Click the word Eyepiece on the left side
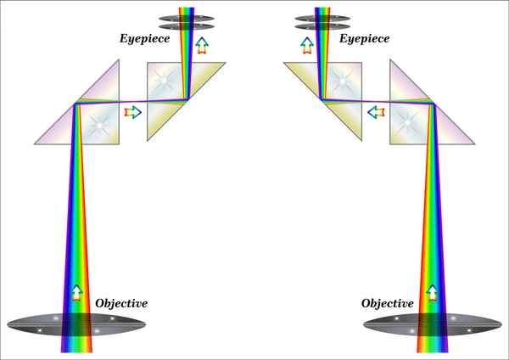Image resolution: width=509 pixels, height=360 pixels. click(145, 39)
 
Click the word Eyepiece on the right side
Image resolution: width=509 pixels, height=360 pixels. click(364, 39)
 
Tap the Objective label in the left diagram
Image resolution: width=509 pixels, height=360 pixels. click(121, 303)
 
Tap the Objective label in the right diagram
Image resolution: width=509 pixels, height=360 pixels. click(388, 303)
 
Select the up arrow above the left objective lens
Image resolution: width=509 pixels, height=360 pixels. click(76, 293)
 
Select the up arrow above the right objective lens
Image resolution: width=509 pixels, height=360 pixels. click(432, 293)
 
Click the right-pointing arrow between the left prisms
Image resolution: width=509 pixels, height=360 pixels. click(133, 112)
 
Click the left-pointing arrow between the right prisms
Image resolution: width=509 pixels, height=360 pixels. click(376, 112)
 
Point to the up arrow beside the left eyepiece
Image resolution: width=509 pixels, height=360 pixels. click(202, 46)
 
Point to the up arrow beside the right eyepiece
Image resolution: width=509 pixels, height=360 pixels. click(307, 46)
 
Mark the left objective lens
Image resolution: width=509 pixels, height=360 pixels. click(76, 324)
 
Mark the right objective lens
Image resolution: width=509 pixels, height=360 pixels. click(433, 324)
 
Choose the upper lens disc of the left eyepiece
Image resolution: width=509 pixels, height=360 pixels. click(187, 18)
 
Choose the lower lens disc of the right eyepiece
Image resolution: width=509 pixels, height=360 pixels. click(322, 26)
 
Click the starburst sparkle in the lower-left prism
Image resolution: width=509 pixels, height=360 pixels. click(99, 125)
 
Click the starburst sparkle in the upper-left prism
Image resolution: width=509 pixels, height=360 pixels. click(164, 80)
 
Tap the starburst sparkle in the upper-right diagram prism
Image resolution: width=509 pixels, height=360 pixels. click(342, 82)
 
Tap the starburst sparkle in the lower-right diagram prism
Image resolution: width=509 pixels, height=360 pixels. click(407, 122)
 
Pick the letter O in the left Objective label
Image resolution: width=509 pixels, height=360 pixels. click(100, 303)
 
